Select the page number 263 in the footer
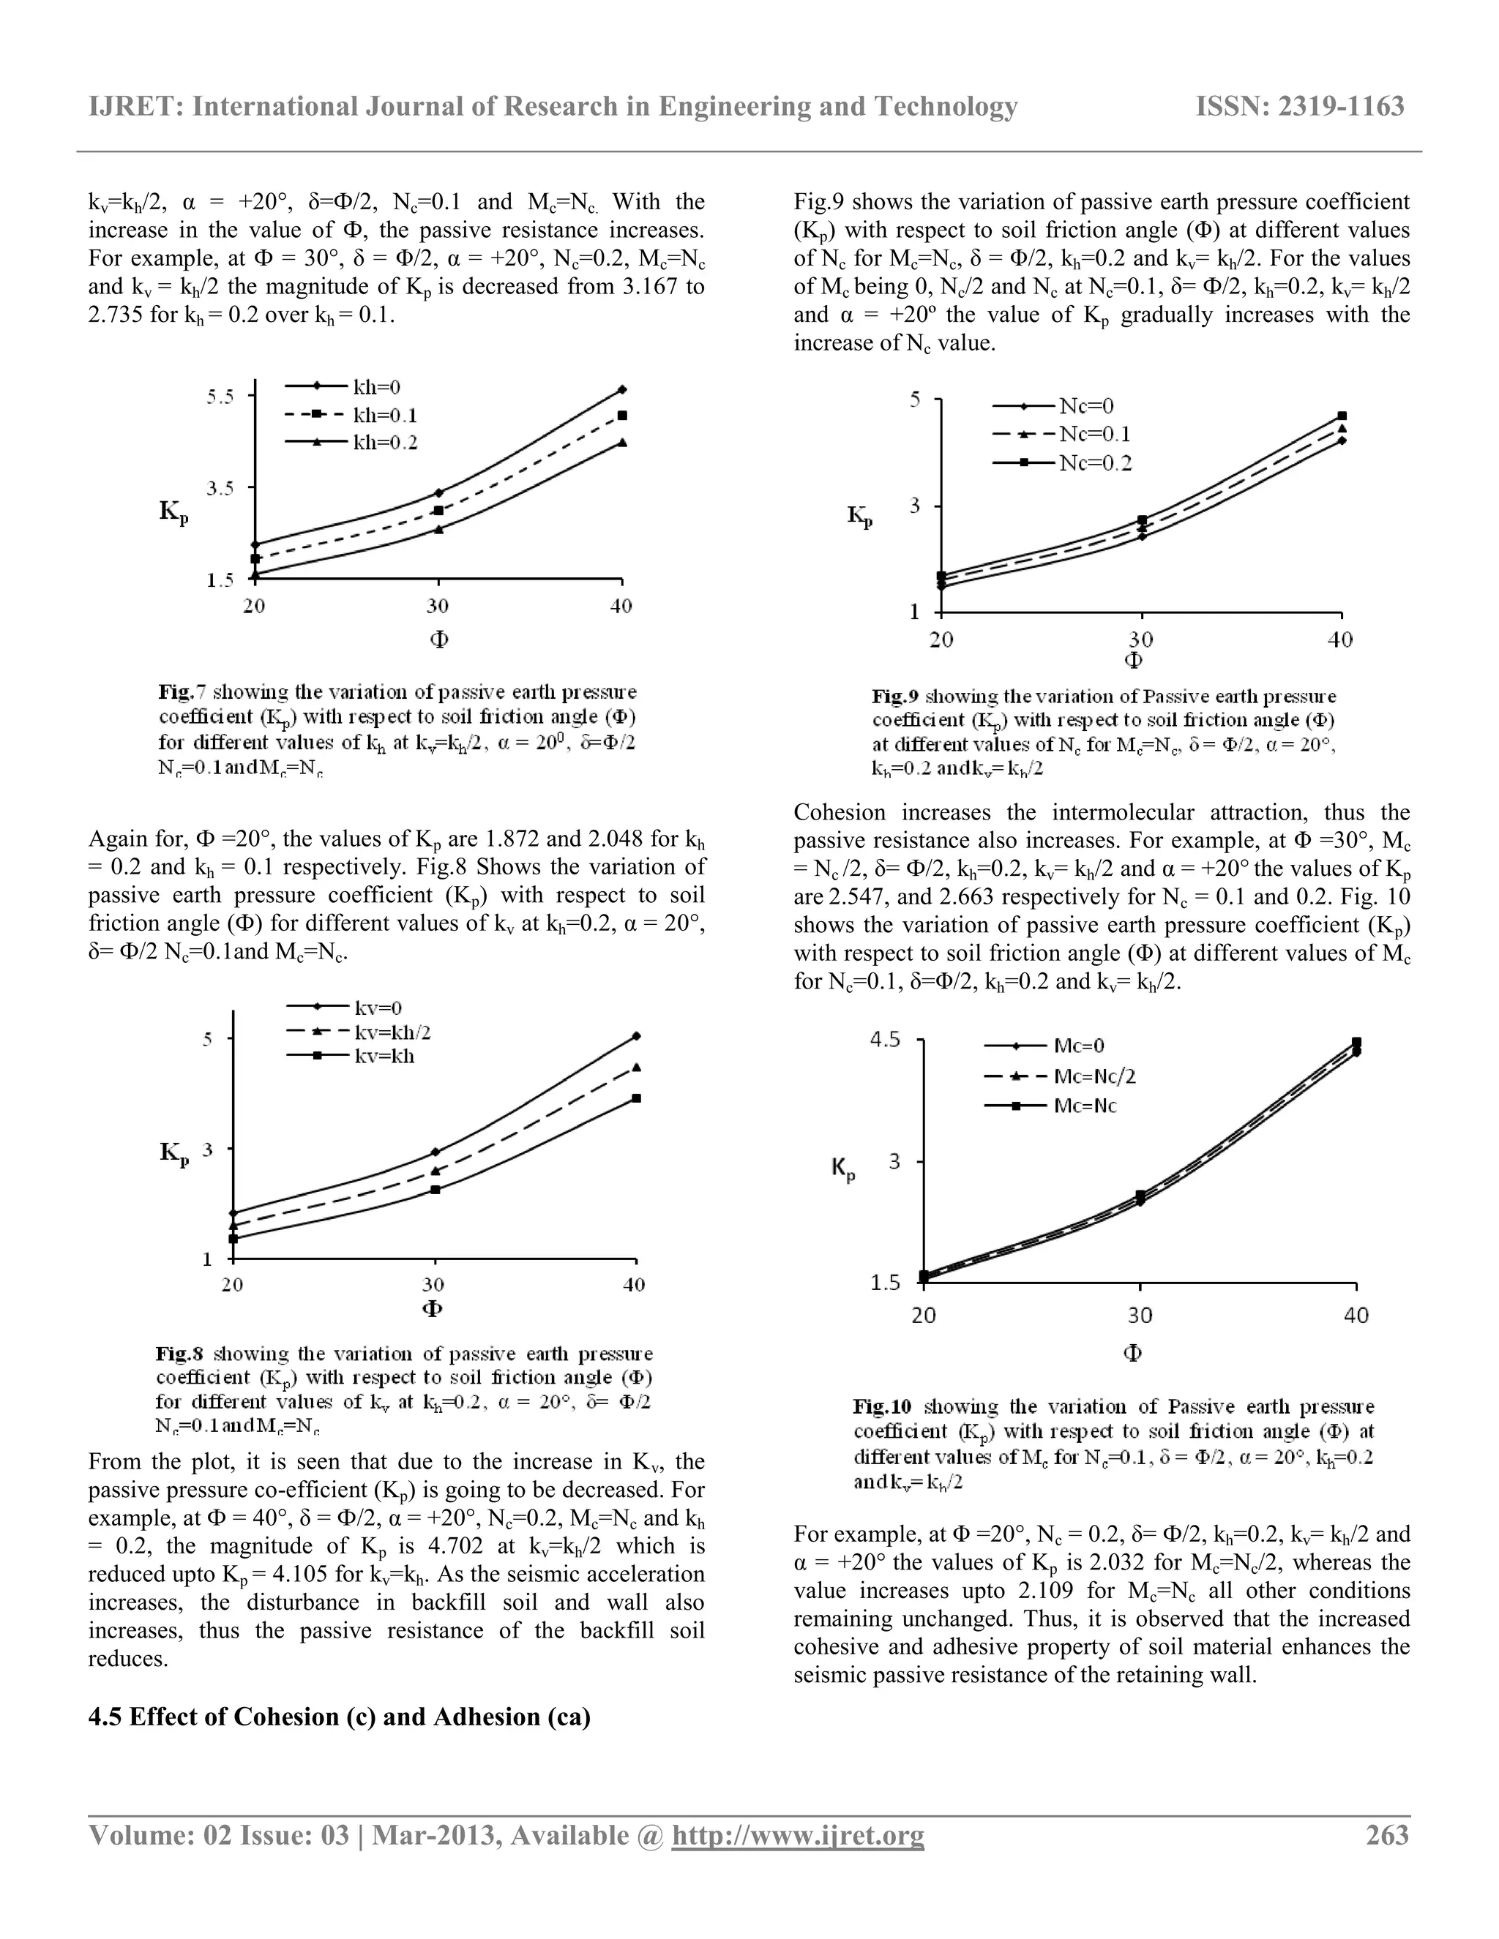1387,1835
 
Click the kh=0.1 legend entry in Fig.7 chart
384,416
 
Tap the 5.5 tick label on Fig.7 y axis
220,397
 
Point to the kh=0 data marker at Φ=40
623,389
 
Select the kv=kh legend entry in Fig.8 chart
384,1057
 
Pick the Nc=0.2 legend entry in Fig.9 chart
1095,462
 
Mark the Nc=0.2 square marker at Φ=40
1342,416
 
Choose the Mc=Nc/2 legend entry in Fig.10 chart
1094,1076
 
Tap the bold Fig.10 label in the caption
882,1406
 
